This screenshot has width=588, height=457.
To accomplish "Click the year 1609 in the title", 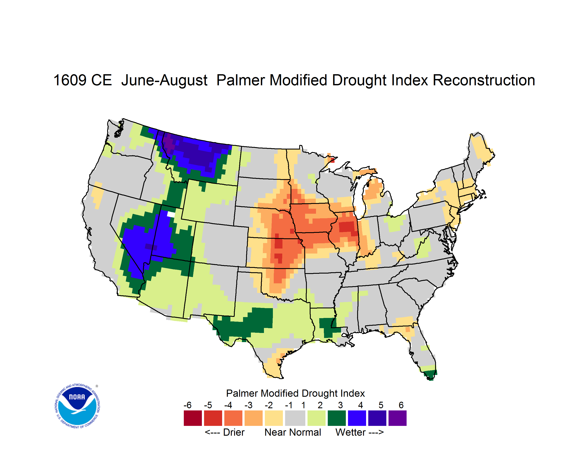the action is (69, 80).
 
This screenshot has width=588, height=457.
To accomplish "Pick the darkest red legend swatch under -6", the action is (193, 418).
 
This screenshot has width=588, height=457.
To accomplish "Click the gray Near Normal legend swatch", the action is (295, 418).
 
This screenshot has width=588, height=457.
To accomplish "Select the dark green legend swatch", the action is (336, 418).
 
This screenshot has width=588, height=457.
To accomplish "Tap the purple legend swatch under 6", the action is (397, 418).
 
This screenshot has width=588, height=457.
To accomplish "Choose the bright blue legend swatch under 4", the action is (357, 418).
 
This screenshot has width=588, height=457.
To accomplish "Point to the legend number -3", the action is (248, 405).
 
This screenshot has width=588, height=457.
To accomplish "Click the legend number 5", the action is (381, 405).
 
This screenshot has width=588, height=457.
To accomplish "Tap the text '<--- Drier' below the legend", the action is (225, 432).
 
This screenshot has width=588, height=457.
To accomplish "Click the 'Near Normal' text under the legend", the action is (293, 432).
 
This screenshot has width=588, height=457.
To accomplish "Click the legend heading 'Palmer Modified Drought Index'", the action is (295, 393).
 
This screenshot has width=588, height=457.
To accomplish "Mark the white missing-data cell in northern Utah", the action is (171, 214).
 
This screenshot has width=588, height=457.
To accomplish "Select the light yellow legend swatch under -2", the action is (274, 418).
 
